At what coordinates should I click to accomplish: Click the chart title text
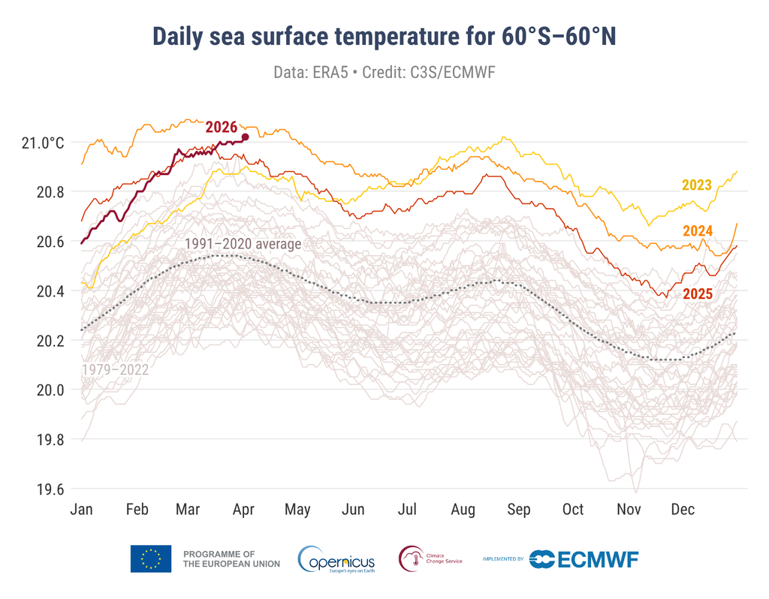pyautogui.click(x=384, y=36)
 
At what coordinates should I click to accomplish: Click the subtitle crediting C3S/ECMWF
pyautogui.click(x=384, y=73)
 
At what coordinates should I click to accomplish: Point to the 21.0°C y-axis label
pyautogui.click(x=43, y=143)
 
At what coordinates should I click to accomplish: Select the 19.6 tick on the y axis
pyautogui.click(x=51, y=489)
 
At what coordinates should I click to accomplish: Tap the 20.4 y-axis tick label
pyautogui.click(x=51, y=291)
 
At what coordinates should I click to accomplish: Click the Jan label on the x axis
pyautogui.click(x=81, y=510)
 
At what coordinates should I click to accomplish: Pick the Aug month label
pyautogui.click(x=463, y=510)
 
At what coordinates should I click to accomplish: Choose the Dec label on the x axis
pyautogui.click(x=683, y=510)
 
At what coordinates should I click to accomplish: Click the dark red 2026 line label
pyautogui.click(x=222, y=127)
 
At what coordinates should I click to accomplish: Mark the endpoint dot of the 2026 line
pyautogui.click(x=245, y=137)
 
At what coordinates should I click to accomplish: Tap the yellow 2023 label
pyautogui.click(x=696, y=185)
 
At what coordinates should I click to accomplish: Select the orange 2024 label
pyautogui.click(x=697, y=230)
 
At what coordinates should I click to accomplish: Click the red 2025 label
pyautogui.click(x=697, y=294)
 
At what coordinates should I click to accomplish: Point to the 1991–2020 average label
pyautogui.click(x=243, y=244)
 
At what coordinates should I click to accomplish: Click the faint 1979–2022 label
pyautogui.click(x=114, y=369)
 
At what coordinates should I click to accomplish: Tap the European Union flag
pyautogui.click(x=151, y=558)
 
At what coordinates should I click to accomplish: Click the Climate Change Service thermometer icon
pyautogui.click(x=411, y=559)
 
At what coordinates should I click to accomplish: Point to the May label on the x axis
pyautogui.click(x=297, y=510)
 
